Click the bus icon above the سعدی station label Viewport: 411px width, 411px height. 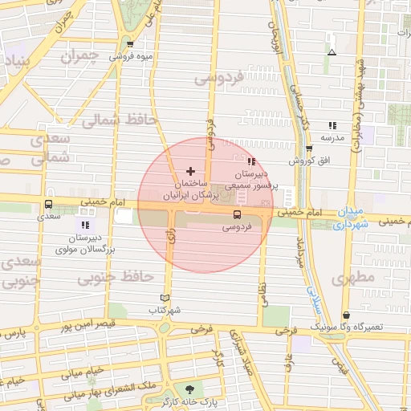(49, 205)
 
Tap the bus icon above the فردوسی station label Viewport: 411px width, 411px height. (237, 214)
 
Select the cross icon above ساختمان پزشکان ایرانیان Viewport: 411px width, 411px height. (190, 171)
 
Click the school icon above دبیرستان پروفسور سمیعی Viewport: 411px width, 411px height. (253, 162)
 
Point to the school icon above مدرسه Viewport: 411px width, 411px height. (332, 125)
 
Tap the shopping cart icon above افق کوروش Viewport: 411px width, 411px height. (310, 149)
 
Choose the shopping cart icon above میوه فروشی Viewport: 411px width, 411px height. (129, 45)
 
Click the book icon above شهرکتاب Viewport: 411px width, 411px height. (166, 298)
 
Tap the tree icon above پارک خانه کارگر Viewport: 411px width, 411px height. (189, 387)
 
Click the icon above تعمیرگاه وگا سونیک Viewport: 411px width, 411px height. (346, 315)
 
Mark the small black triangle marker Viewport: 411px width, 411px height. (332, 54)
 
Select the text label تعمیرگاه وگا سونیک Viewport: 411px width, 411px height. (371, 328)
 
